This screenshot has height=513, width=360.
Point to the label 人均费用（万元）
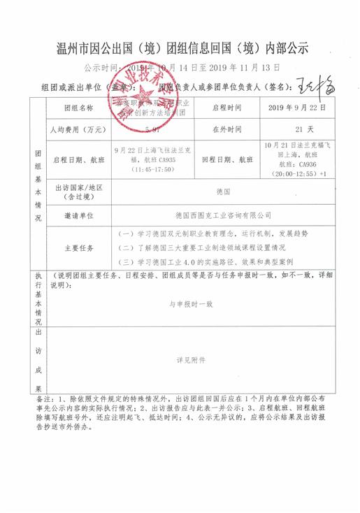pos(78,130)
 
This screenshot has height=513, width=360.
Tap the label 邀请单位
pos(78,215)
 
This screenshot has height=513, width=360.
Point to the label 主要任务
pos(78,248)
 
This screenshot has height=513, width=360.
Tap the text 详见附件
pos(191,361)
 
